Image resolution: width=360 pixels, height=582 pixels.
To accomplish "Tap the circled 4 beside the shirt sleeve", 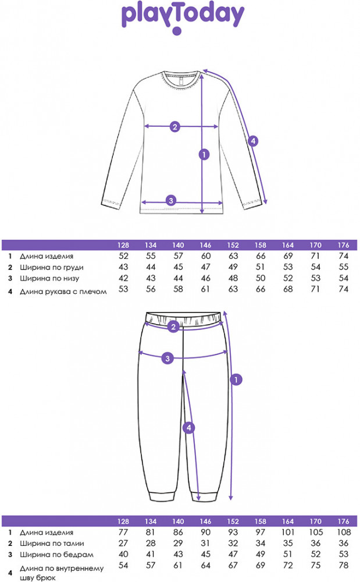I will pos(252,140).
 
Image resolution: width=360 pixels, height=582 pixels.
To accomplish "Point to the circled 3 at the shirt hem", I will pos(170,201).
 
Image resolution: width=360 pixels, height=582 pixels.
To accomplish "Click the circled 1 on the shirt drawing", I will pos(204,154).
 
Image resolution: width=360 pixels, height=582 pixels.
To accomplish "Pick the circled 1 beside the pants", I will pos(236,380).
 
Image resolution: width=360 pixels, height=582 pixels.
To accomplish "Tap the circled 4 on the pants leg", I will pos(188,428).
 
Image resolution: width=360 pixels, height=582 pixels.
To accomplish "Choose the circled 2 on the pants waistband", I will pos(173,328).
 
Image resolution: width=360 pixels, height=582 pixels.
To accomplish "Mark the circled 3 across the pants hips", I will pos(167,358).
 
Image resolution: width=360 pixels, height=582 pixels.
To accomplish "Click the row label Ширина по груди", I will pos(51,267).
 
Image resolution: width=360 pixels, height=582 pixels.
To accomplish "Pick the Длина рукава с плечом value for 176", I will pos(344,289).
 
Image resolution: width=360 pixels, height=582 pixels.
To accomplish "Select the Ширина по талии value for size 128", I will pos(123,543).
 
